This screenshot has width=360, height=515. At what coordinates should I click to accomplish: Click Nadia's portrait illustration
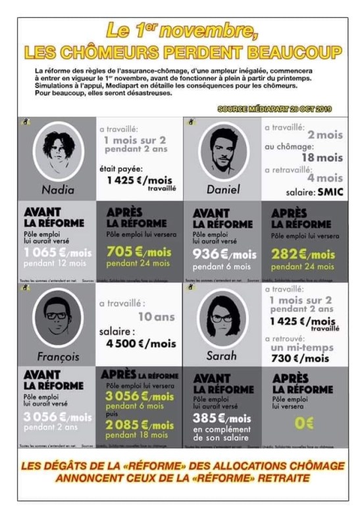[x=58, y=150]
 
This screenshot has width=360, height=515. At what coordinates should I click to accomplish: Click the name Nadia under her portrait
[x=58, y=190]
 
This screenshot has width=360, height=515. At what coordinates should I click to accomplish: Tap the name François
[x=58, y=358]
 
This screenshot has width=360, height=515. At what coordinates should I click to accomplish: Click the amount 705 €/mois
[x=139, y=252]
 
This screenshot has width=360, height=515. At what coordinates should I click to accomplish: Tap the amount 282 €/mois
[x=303, y=254]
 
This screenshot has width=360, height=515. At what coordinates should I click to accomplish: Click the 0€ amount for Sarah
[x=304, y=423]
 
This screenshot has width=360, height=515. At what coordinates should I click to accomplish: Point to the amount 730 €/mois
[x=299, y=358]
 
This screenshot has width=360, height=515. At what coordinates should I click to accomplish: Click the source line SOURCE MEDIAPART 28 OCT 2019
[x=275, y=109]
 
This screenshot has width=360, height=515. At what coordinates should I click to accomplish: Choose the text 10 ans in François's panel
[x=155, y=317]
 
